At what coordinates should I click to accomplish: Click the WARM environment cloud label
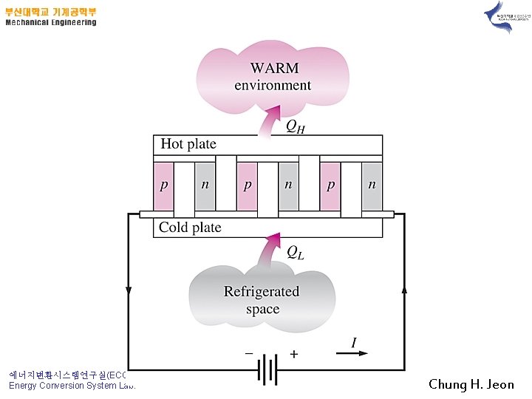[x=273, y=76]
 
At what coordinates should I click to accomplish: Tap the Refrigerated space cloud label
[x=262, y=300]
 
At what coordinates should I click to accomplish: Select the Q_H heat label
[x=296, y=126]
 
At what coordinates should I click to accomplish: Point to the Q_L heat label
[x=295, y=253]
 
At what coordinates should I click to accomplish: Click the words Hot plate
[x=188, y=144]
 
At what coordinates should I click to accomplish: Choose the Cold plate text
[x=190, y=228]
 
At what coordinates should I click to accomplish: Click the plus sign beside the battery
[x=293, y=355]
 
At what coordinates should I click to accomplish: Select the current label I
[x=354, y=343]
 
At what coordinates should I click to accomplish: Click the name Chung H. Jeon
[x=471, y=384]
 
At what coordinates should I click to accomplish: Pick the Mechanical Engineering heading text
[x=51, y=22]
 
